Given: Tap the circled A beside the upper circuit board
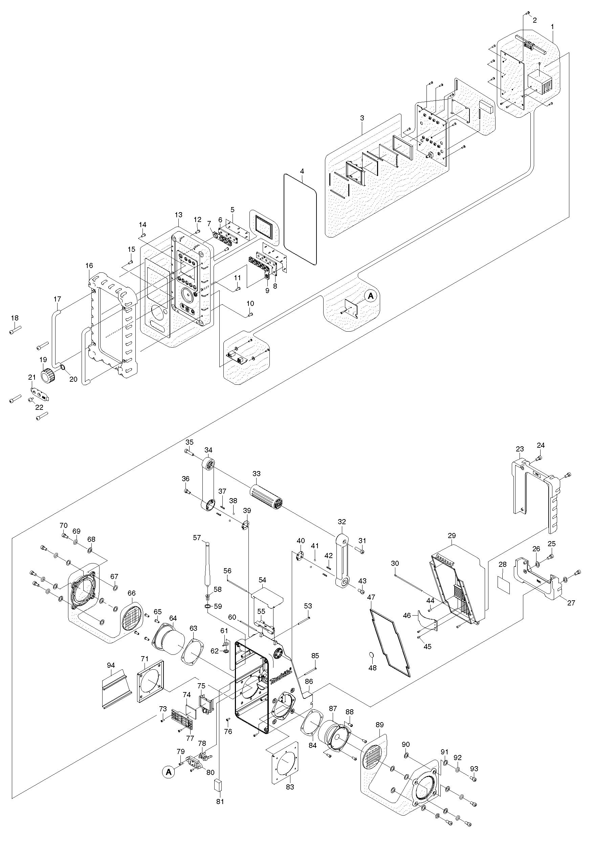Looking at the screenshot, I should click(371, 296).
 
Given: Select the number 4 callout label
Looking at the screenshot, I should click(302, 171).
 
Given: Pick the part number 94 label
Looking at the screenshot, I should click(111, 665).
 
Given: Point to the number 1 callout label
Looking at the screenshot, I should click(552, 27).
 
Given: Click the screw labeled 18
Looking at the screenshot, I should click(16, 331).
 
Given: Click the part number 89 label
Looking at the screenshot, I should click(379, 725).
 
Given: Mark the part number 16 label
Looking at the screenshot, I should click(89, 265).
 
